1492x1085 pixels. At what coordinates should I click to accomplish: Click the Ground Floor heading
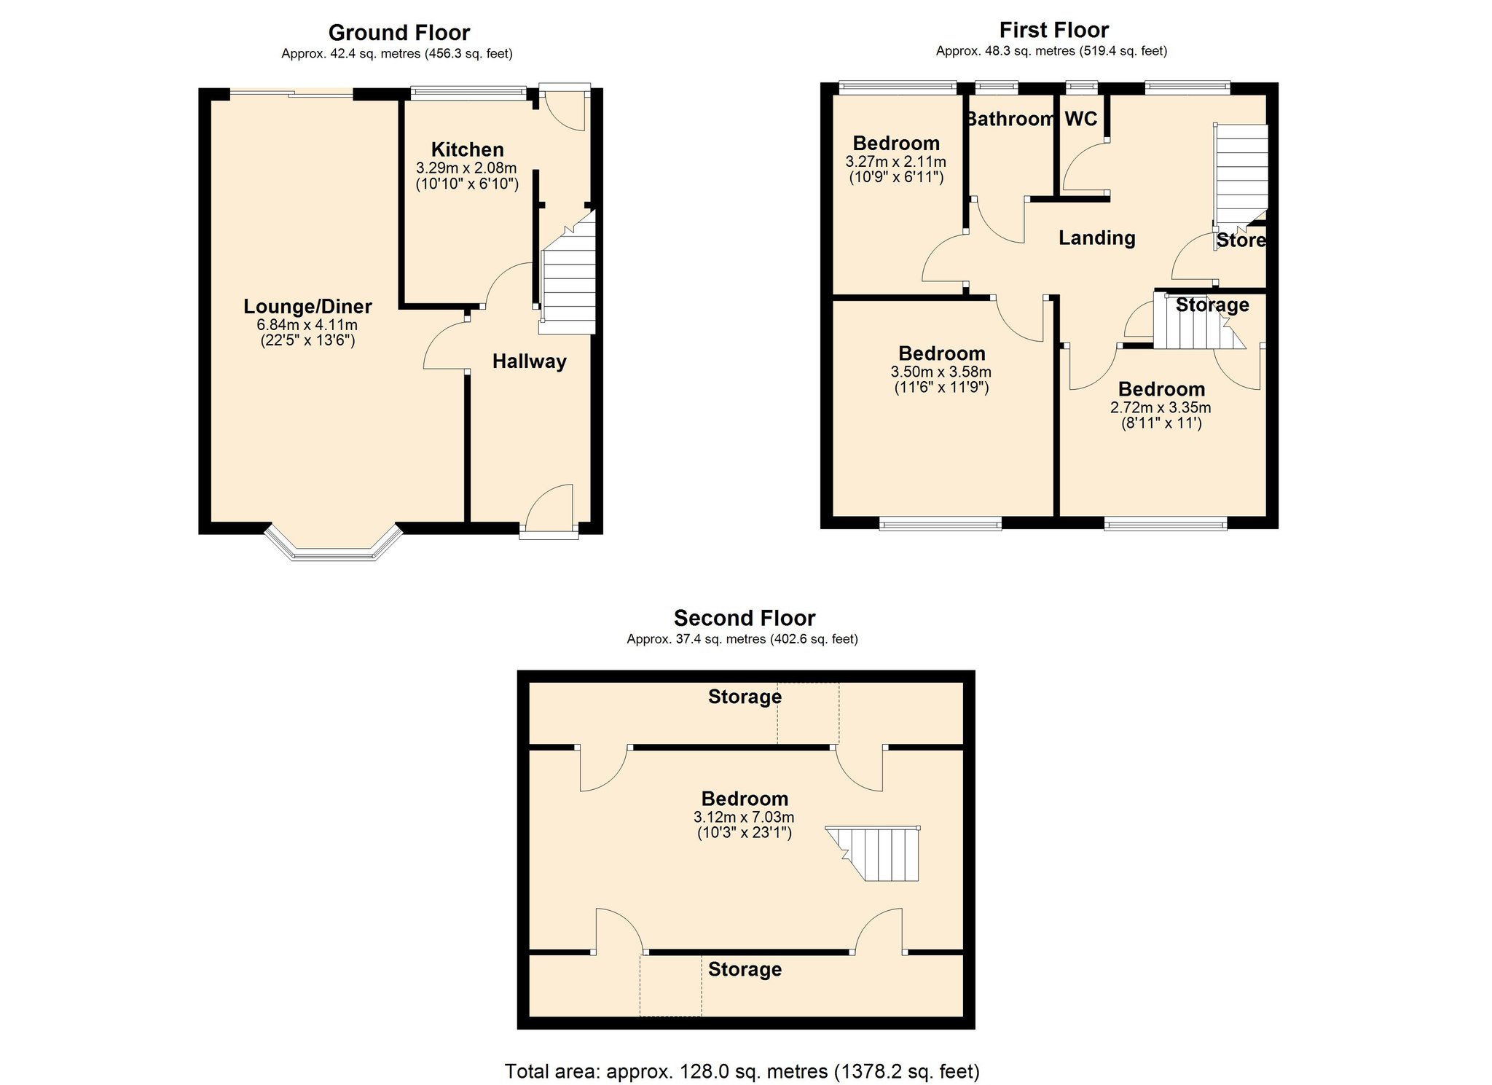click(399, 33)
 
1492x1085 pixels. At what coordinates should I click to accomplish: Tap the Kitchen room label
click(467, 149)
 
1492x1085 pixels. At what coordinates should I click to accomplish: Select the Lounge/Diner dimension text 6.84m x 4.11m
click(307, 325)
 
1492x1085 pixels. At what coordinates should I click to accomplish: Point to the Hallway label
click(529, 361)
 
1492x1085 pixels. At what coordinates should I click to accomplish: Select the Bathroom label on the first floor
click(1010, 119)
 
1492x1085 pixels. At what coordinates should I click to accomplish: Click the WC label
click(1080, 119)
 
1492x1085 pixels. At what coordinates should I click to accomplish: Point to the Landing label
click(1096, 238)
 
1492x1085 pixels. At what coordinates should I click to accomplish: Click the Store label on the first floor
click(1241, 240)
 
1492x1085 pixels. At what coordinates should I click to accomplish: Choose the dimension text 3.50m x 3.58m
click(941, 372)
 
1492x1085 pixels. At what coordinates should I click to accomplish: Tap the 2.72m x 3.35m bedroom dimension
click(1161, 407)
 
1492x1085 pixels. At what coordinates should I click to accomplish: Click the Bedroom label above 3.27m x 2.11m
click(896, 143)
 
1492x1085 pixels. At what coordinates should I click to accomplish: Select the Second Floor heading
click(744, 618)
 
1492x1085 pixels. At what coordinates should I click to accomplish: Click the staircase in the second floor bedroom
click(882, 854)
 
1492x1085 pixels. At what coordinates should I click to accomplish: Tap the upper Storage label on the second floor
click(745, 697)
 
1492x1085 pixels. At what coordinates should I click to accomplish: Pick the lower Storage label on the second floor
click(745, 969)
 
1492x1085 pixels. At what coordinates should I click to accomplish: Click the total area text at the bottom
click(742, 1071)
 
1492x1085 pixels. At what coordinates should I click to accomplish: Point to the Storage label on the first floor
click(1212, 305)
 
